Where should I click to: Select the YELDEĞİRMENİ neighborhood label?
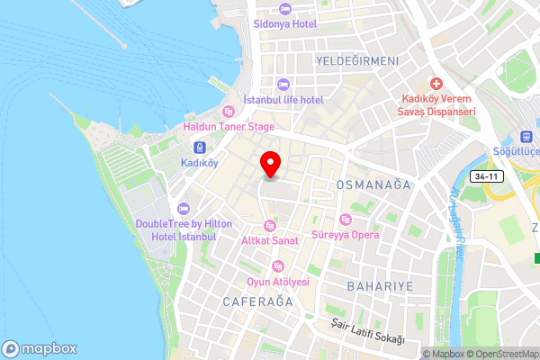point(357,60)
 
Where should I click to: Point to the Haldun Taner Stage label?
point(229,127)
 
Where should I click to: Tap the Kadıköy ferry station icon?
point(199,148)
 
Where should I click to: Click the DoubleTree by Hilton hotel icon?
point(184,209)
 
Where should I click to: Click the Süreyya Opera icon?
point(345,220)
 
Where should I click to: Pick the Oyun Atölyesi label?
point(278,282)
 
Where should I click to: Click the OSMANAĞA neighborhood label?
point(373,184)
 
